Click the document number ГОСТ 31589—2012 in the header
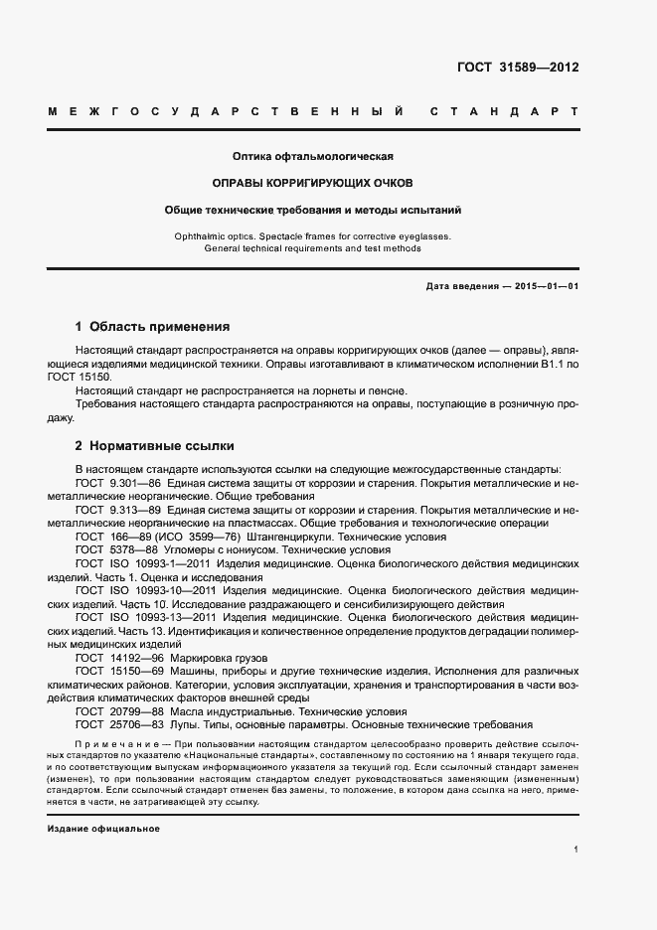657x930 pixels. (x=518, y=69)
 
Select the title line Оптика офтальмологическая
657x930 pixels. (x=314, y=156)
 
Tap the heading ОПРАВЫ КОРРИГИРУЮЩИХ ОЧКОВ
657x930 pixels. (x=314, y=183)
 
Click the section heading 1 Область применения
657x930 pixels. (x=152, y=326)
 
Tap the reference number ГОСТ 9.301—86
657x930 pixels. (x=117, y=483)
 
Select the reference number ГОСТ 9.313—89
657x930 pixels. (x=117, y=510)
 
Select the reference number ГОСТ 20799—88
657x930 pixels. (x=115, y=711)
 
